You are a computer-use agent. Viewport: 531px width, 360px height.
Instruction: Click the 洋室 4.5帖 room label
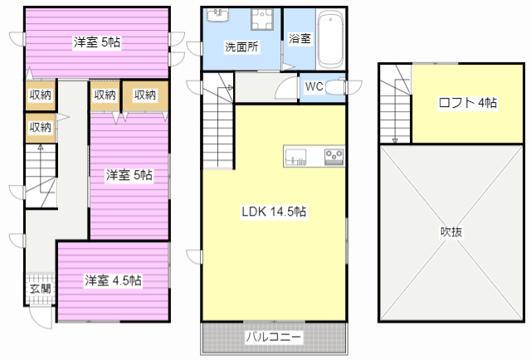(x=113, y=280)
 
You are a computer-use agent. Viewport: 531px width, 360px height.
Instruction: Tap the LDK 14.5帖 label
(x=274, y=212)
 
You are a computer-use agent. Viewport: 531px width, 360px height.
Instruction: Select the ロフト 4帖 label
(x=468, y=102)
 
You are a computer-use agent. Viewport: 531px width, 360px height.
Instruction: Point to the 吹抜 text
(x=451, y=232)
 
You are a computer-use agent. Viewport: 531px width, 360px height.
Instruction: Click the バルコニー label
(x=273, y=337)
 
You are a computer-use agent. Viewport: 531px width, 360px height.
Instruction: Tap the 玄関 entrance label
(x=41, y=289)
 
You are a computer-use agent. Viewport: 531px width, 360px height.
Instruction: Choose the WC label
(x=314, y=87)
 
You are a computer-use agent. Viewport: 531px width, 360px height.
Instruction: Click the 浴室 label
(x=300, y=38)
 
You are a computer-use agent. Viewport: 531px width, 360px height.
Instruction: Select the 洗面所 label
(x=241, y=47)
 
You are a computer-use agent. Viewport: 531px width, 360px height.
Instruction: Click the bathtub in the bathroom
(x=330, y=39)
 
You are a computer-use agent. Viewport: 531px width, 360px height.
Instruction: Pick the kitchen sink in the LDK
(x=295, y=156)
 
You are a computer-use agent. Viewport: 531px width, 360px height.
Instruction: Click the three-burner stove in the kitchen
(x=334, y=156)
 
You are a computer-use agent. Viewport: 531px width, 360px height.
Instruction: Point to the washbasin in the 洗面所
(x=218, y=15)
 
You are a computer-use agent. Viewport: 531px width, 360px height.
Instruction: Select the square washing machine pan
(x=262, y=19)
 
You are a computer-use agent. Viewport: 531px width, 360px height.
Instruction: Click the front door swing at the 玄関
(x=41, y=317)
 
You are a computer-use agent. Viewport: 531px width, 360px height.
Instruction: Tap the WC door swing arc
(x=286, y=88)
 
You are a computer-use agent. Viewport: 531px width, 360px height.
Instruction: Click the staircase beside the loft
(x=396, y=105)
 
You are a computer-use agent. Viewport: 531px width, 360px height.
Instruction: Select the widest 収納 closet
(x=145, y=95)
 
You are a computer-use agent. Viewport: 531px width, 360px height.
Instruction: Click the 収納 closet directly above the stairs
(x=41, y=128)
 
